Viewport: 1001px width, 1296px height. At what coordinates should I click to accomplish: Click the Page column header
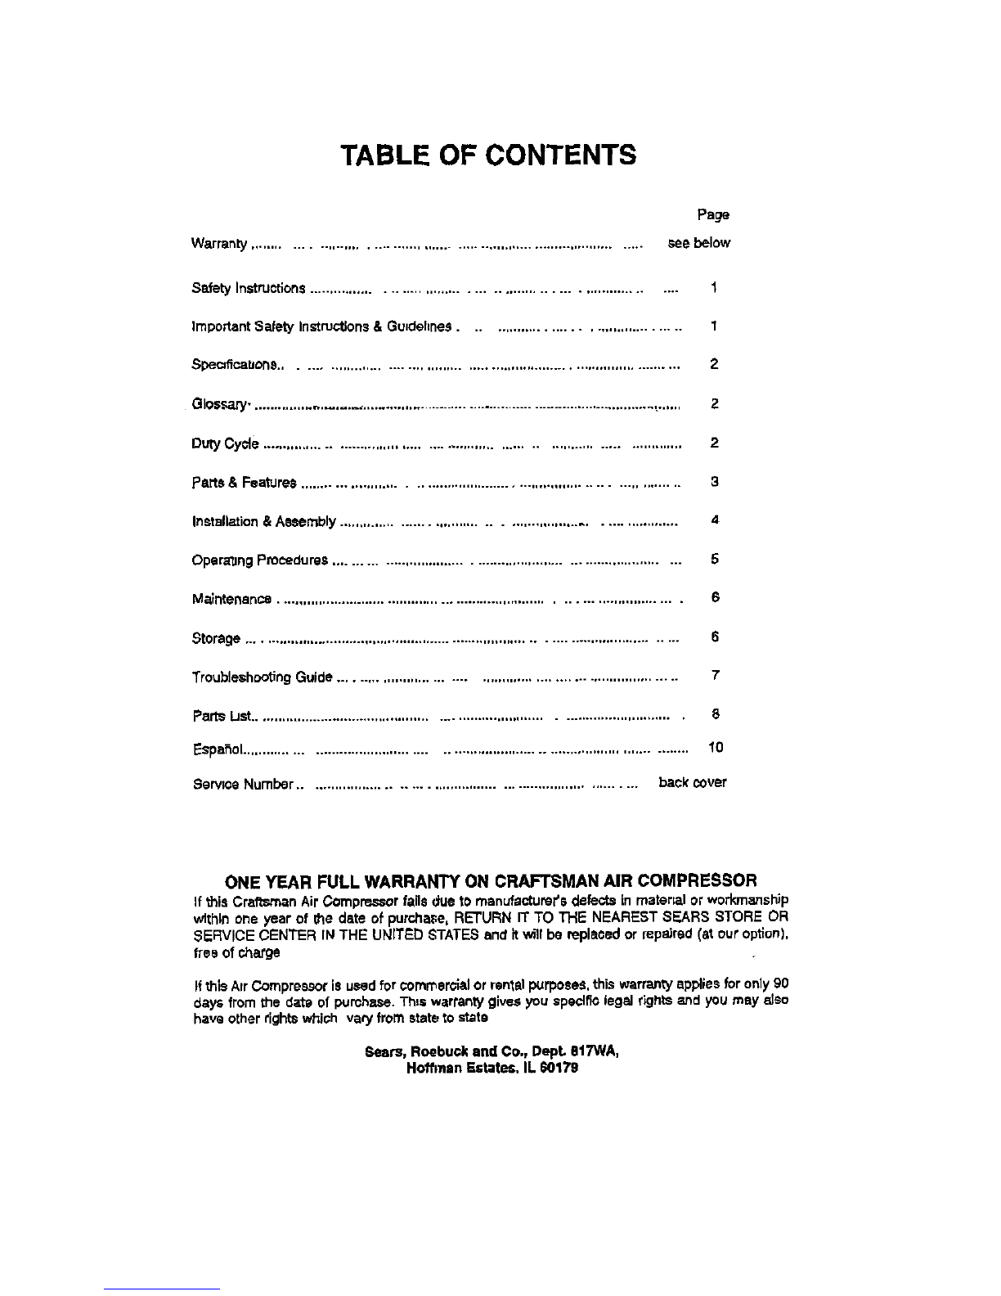click(712, 214)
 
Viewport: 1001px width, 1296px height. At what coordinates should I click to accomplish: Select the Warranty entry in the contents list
click(218, 244)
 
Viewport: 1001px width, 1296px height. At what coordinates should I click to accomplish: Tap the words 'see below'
click(698, 243)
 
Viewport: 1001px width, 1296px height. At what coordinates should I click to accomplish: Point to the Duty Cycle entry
click(225, 444)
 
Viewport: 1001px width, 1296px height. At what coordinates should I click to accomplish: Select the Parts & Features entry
click(244, 483)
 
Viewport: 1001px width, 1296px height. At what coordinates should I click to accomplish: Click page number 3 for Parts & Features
click(714, 482)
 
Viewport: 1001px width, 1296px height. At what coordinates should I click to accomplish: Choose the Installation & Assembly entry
click(263, 521)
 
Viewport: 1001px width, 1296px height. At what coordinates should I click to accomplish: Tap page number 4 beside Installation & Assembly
click(714, 520)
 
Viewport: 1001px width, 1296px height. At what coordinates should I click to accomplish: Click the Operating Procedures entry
click(259, 560)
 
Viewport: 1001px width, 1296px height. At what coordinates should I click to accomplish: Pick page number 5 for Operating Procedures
click(714, 560)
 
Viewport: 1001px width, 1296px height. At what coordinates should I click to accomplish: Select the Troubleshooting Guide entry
click(262, 677)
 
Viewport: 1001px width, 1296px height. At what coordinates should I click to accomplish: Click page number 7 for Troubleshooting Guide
click(715, 676)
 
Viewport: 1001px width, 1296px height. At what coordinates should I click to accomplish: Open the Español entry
click(218, 749)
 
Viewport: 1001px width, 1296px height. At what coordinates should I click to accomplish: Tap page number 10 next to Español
click(716, 747)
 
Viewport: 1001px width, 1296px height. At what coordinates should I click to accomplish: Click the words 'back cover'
click(692, 782)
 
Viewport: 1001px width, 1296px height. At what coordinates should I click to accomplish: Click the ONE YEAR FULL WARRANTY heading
click(491, 880)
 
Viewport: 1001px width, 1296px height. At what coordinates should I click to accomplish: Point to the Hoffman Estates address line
click(492, 1068)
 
